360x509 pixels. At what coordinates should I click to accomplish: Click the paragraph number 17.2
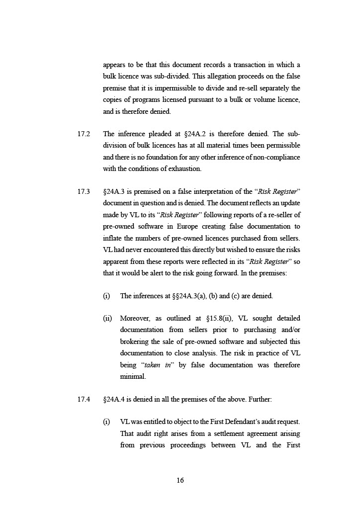coord(84,134)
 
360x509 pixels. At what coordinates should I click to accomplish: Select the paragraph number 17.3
coord(84,191)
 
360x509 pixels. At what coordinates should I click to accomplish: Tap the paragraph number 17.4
coord(84,399)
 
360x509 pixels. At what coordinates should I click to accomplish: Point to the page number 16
coord(180,480)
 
